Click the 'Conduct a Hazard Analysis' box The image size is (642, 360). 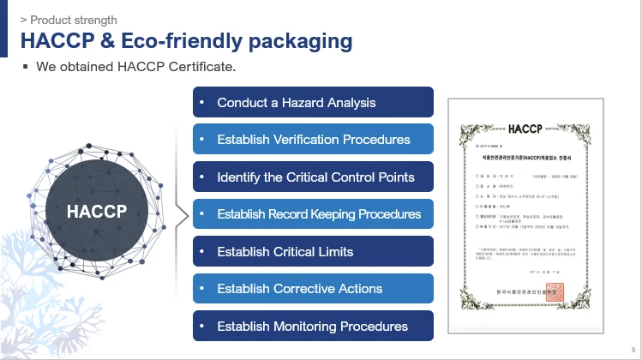(313, 103)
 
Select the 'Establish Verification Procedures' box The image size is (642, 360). (313, 140)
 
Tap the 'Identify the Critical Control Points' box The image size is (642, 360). (313, 177)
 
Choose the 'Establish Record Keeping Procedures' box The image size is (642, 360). (313, 214)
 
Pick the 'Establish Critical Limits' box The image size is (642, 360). (313, 252)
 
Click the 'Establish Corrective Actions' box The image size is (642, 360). (313, 289)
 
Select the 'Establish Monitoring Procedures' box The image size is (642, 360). (313, 327)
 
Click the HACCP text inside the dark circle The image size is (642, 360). (97, 211)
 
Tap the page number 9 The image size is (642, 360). (633, 350)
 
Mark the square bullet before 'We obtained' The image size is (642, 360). (26, 66)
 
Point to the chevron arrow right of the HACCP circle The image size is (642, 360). (182, 214)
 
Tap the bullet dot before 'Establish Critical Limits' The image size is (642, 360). (202, 252)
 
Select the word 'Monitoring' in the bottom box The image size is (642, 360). (304, 327)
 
